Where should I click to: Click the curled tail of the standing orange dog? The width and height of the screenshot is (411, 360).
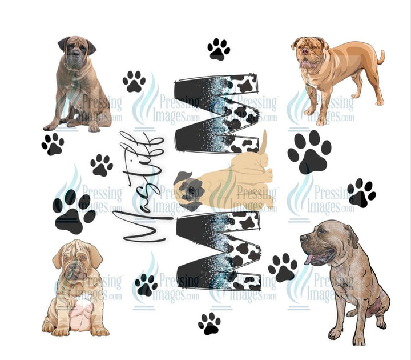click(381, 58)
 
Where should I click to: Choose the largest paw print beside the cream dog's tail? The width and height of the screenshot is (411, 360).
click(309, 151)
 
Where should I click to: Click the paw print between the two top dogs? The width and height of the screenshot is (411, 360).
click(218, 50)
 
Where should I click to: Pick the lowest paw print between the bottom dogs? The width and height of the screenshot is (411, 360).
click(209, 323)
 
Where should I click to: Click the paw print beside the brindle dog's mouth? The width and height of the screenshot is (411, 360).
click(283, 267)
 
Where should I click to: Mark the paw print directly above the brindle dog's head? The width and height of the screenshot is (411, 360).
click(361, 193)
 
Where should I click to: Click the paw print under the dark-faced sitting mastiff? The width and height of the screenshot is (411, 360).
click(53, 144)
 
